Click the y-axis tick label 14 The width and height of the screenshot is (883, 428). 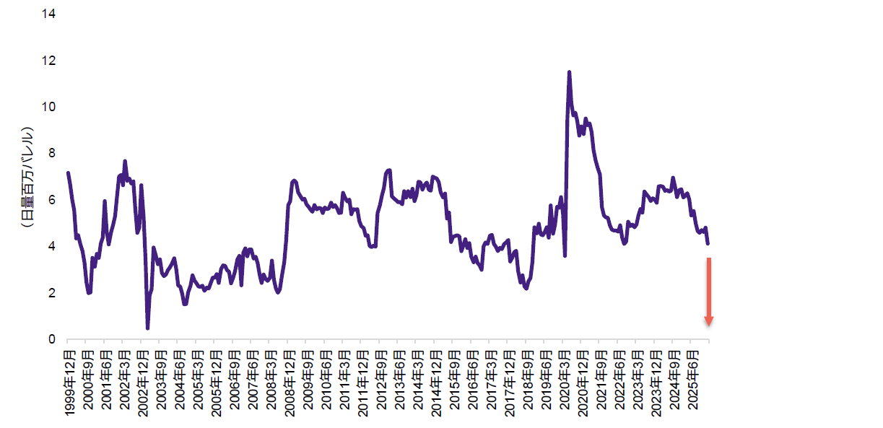tap(49, 14)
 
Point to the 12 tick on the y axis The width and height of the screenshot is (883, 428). tap(49, 61)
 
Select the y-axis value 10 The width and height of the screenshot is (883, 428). tap(49, 107)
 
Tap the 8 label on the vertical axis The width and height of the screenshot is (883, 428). tap(52, 153)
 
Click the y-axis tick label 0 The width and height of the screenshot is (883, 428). tap(52, 339)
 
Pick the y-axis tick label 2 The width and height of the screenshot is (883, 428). tap(52, 293)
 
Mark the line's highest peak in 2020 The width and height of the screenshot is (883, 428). tap(569, 72)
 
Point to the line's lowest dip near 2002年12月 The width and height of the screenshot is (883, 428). tap(147, 328)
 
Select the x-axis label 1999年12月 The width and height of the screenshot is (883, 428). tap(69, 383)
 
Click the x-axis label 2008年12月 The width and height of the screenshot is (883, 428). tap(289, 383)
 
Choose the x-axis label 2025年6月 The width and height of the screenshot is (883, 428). tap(693, 379)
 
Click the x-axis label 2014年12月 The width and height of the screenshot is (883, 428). tap(435, 383)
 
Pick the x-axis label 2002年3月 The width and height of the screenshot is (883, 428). tap(123, 379)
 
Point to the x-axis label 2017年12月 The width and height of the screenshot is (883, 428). tap(509, 383)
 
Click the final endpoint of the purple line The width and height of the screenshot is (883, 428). tap(708, 244)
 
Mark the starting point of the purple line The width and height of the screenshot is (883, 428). tap(68, 172)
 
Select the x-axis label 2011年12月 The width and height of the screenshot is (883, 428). tap(362, 383)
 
